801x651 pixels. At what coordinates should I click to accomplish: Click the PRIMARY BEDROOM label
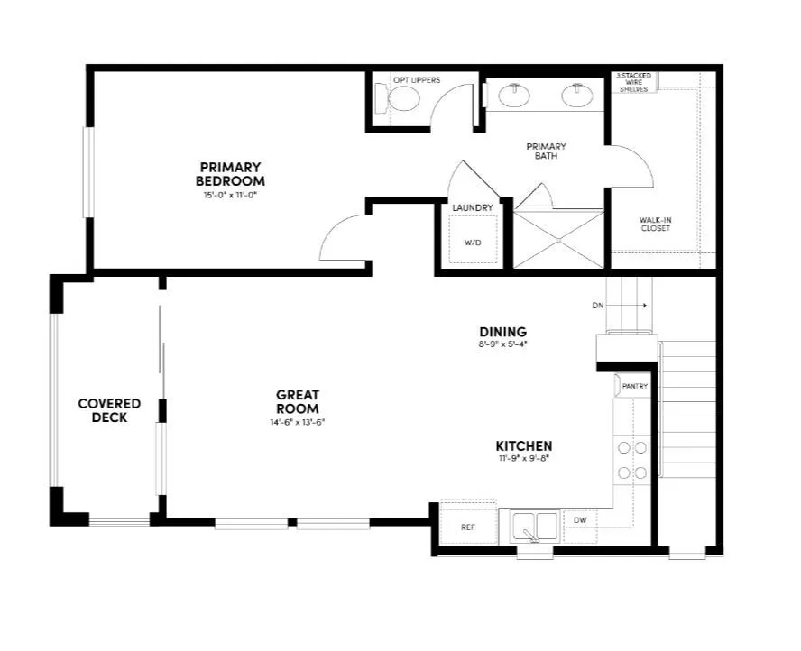[231, 174]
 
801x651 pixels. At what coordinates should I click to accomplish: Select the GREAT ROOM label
[298, 401]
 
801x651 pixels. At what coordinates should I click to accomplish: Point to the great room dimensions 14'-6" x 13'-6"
[298, 422]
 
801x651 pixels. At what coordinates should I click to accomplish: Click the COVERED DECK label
[109, 410]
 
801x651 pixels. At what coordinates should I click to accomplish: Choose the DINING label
[502, 332]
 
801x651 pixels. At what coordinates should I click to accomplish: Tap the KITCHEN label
[524, 446]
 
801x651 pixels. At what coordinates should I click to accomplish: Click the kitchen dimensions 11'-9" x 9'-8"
[524, 459]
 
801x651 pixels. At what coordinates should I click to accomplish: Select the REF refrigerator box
[467, 527]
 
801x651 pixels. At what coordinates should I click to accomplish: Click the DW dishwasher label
[579, 520]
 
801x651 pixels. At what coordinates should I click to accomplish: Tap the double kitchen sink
[535, 526]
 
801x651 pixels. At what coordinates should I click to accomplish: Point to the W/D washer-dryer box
[474, 243]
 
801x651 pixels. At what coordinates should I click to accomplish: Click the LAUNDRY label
[473, 208]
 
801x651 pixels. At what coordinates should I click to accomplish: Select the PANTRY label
[635, 386]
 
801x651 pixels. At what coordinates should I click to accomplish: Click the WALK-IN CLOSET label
[655, 224]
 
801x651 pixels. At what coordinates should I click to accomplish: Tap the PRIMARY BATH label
[547, 151]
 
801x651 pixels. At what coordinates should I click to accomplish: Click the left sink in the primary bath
[515, 96]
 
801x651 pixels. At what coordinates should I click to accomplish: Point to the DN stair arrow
[637, 306]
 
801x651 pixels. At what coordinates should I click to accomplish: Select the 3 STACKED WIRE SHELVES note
[633, 82]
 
